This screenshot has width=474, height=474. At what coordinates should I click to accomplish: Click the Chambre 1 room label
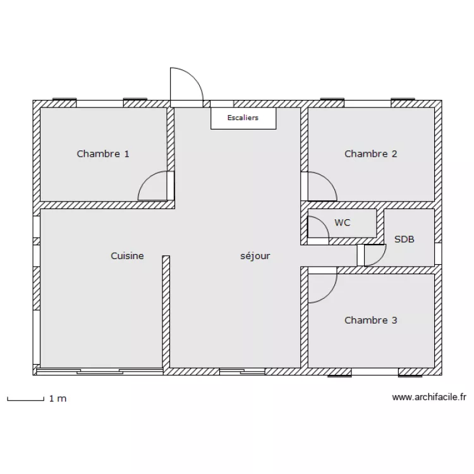[x=103, y=154]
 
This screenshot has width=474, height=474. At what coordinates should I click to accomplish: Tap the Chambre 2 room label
[x=370, y=154]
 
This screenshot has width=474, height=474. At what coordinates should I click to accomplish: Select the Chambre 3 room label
[x=370, y=320]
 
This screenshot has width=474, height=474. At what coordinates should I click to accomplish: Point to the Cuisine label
[x=127, y=256]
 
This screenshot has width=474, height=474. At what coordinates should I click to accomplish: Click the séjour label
[x=255, y=256]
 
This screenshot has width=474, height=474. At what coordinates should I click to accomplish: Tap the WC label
[x=343, y=222]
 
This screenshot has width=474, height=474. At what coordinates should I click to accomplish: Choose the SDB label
[x=404, y=240]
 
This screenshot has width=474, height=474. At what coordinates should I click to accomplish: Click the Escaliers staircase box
[x=243, y=118]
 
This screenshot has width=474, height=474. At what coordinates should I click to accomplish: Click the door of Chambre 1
[x=154, y=187]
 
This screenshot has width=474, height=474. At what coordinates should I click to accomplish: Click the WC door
[x=318, y=229]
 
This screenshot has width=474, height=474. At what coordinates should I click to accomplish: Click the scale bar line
[x=25, y=399]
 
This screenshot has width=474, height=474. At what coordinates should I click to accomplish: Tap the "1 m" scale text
[x=57, y=399]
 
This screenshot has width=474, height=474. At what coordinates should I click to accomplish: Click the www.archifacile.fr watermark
[x=429, y=398]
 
